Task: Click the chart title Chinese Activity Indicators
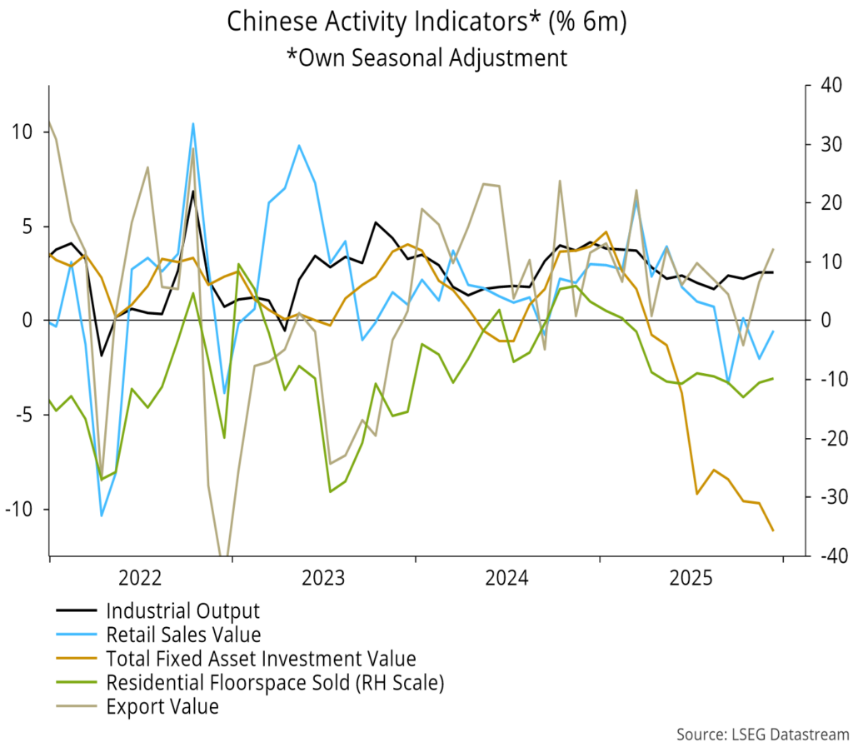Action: click(426, 22)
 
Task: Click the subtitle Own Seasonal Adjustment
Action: click(426, 57)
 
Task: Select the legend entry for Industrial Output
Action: click(183, 610)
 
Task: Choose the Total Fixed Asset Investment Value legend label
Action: click(261, 659)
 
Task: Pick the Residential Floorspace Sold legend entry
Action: click(276, 683)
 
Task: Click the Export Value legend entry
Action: click(162, 707)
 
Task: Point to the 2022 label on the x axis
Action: click(140, 577)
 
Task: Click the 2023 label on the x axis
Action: click(324, 577)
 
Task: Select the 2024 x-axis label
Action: click(507, 577)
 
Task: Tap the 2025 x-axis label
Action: click(691, 577)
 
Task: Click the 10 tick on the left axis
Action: click(22, 132)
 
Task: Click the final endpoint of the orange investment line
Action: click(774, 530)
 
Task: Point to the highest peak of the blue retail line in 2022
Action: click(193, 124)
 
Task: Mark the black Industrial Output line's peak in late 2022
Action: click(193, 191)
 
